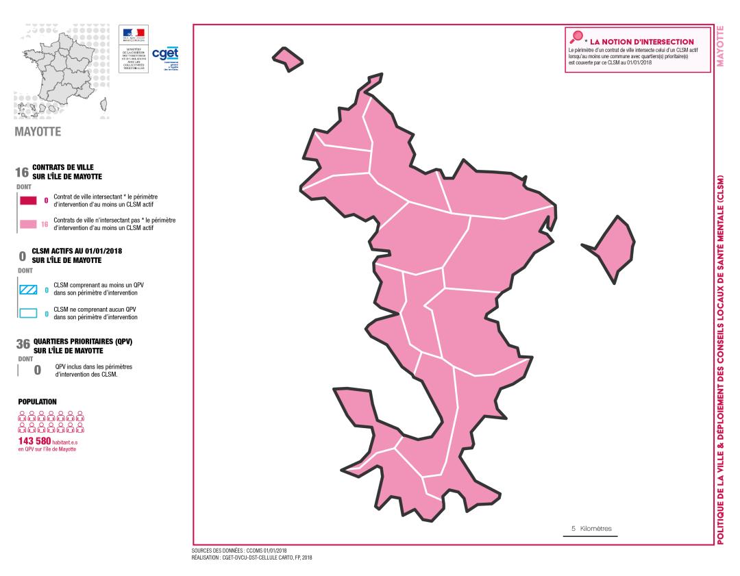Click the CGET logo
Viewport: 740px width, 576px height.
[x=165, y=55]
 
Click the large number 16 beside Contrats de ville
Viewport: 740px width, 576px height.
[x=21, y=172]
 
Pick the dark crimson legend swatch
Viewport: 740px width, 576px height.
[x=27, y=201]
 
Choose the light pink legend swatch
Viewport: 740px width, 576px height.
[x=27, y=223]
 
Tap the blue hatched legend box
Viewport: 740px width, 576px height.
[x=27, y=290]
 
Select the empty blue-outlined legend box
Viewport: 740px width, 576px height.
[x=27, y=314]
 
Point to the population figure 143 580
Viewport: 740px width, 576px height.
[x=32, y=440]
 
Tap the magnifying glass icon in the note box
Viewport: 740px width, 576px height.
[x=576, y=37]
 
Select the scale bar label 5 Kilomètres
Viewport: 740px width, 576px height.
[x=591, y=528]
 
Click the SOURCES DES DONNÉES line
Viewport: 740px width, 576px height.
[x=239, y=550]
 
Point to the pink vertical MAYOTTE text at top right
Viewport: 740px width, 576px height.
[x=720, y=47]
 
